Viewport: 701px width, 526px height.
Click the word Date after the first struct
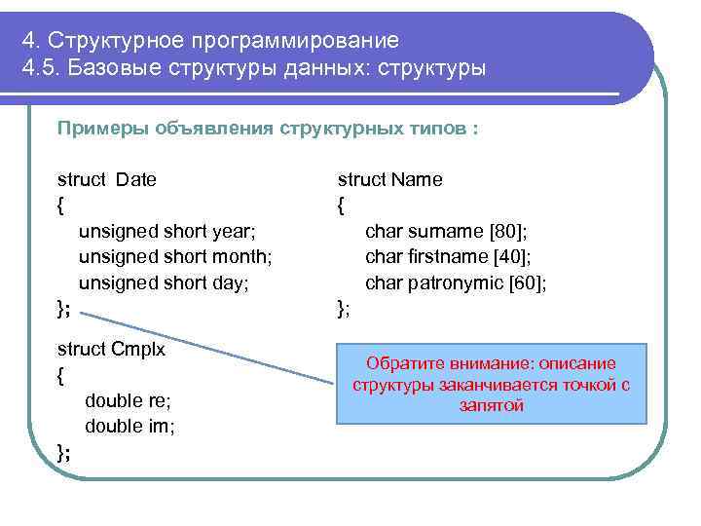(136, 179)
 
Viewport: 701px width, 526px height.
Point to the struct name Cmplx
(138, 349)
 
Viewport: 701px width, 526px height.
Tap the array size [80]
(507, 232)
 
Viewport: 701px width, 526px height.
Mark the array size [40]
(509, 257)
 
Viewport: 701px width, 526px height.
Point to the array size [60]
(529, 283)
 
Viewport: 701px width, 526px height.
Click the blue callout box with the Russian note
(491, 384)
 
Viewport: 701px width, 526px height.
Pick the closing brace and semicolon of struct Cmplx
(63, 452)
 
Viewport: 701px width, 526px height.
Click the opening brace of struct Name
(341, 206)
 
